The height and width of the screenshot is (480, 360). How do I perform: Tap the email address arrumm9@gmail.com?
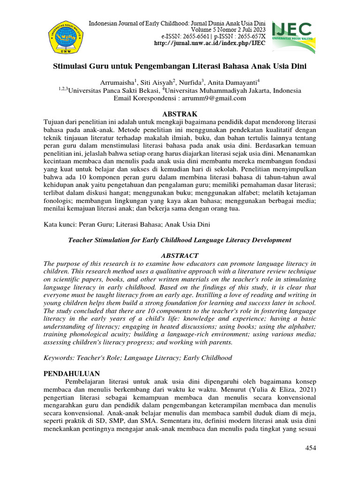[218, 98]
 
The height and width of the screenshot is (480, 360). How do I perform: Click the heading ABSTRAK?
[180, 114]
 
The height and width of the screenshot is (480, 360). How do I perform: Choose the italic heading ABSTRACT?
[180, 255]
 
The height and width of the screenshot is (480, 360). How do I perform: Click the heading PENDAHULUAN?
[72, 374]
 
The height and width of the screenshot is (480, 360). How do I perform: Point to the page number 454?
[310, 448]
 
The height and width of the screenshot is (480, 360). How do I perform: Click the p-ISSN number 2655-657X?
[247, 36]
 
